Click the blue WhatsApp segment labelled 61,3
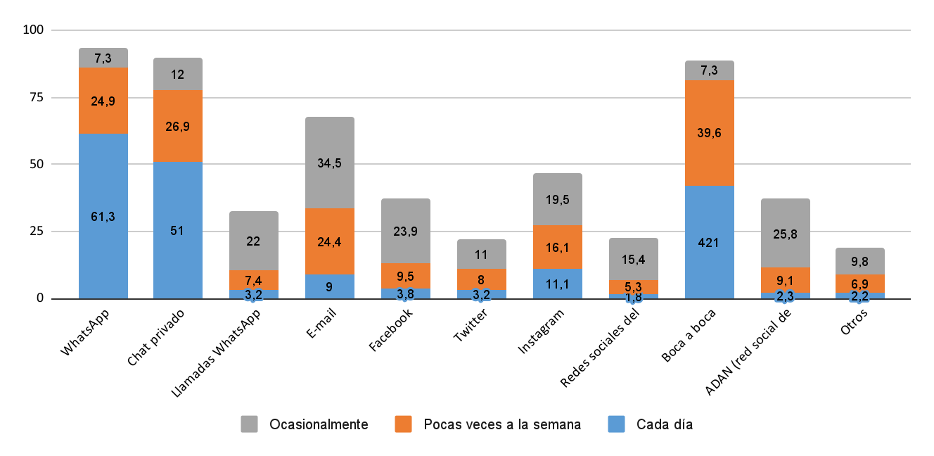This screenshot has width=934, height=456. click(x=103, y=216)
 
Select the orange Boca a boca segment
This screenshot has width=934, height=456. click(x=710, y=133)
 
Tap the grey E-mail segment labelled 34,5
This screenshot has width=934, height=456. click(x=330, y=163)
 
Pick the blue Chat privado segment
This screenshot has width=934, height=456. click(x=178, y=230)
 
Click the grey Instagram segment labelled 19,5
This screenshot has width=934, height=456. click(x=558, y=199)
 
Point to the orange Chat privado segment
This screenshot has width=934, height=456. click(x=178, y=126)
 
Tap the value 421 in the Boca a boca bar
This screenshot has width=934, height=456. click(x=710, y=243)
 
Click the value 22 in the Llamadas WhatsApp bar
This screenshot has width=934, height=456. click(x=254, y=241)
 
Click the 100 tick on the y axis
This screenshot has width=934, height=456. click(x=34, y=30)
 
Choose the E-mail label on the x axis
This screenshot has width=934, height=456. click(x=319, y=325)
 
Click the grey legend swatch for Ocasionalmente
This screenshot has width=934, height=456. click(x=250, y=424)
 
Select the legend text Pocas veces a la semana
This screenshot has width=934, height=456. click(x=502, y=424)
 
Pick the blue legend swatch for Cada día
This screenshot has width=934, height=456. click(x=615, y=424)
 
